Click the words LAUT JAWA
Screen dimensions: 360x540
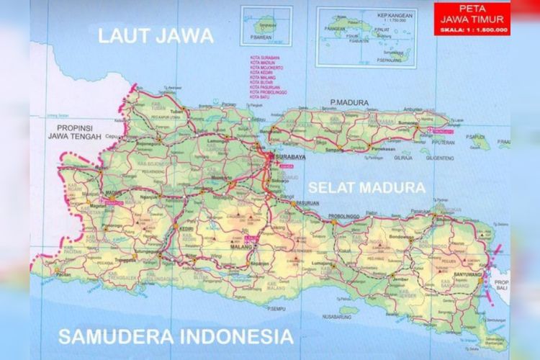coord(156,36)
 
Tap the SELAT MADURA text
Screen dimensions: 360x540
coord(366,187)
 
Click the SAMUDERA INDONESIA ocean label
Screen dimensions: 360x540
coord(176,336)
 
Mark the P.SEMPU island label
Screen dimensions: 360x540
coord(277,309)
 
